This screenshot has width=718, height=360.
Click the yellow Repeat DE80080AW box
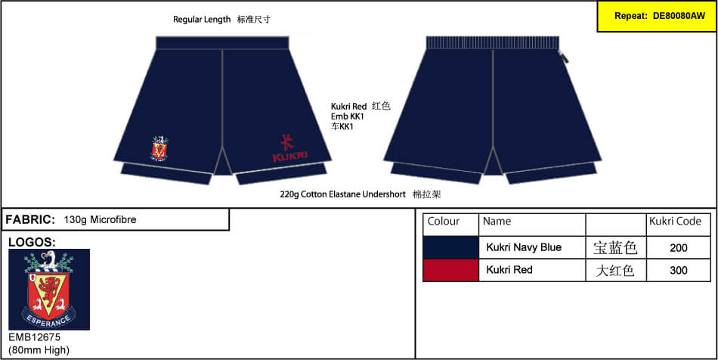657,16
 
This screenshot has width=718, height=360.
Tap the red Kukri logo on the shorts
290,148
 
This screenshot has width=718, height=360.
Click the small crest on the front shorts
159,148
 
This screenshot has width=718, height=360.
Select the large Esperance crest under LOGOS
49,290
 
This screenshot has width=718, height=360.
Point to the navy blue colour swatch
450,248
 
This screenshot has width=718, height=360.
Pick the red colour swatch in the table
450,270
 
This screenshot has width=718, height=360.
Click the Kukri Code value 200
678,248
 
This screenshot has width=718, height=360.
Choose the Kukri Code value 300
678,270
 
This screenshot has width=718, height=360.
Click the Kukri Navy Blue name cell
524,248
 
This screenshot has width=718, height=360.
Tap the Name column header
497,222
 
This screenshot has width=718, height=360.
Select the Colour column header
443,222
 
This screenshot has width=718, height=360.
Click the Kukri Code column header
676,222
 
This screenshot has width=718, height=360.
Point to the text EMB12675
35,337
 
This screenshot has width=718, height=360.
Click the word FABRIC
30,219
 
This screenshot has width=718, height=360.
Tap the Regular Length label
202,20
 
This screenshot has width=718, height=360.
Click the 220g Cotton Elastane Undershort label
343,194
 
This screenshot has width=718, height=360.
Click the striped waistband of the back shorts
492,43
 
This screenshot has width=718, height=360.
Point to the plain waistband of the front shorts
222,43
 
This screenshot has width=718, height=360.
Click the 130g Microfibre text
101,220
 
